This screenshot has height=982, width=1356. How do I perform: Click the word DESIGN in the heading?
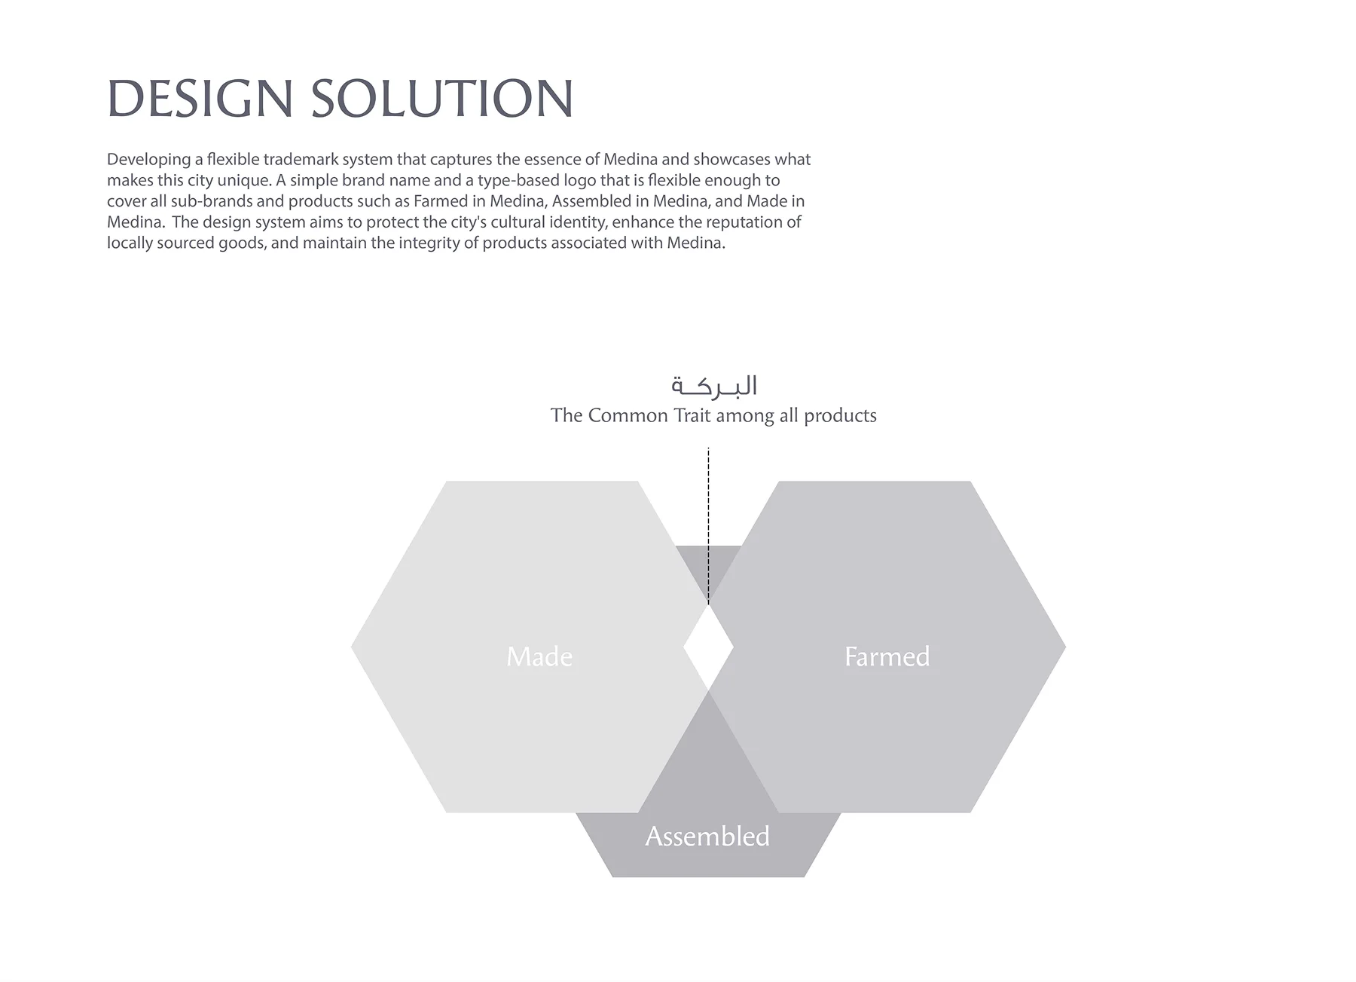(x=200, y=99)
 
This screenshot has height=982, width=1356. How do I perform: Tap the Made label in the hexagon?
(x=539, y=656)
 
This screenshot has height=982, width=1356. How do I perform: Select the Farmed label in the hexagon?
(x=887, y=656)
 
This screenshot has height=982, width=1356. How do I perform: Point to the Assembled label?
(x=707, y=837)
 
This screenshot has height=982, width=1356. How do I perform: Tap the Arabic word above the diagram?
(x=713, y=386)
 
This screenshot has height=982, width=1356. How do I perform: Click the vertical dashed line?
(x=708, y=526)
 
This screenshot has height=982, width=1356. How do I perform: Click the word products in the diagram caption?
(x=840, y=416)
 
